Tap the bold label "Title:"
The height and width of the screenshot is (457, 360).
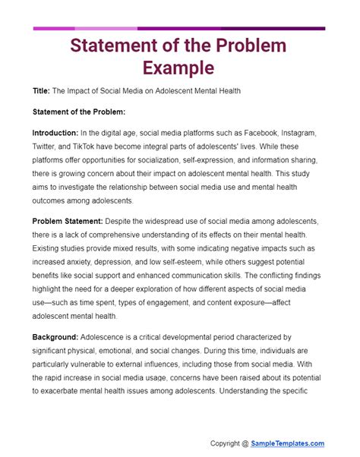pos(42,91)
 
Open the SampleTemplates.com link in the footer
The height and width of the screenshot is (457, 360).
pos(289,443)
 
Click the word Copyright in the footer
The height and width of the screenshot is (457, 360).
pos(229,443)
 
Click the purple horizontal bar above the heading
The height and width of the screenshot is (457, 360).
pos(180,29)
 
